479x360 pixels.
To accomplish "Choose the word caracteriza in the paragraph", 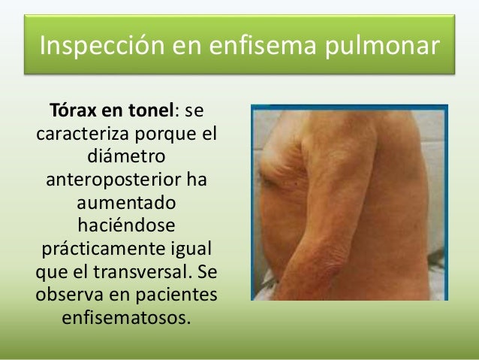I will coord(83,136).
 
